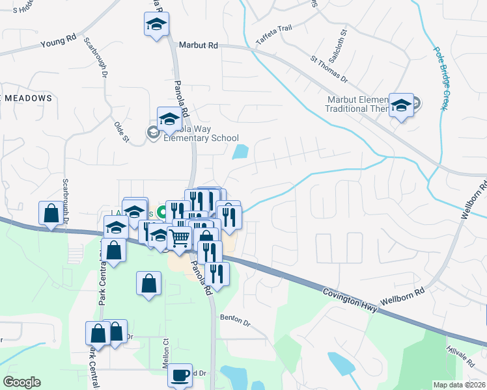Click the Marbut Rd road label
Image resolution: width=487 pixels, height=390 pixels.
[x=198, y=45]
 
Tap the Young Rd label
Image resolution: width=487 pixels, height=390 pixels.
[x=58, y=42]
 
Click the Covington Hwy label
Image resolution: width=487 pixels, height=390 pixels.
[x=351, y=299]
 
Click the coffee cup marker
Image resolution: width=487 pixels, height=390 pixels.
[x=180, y=375]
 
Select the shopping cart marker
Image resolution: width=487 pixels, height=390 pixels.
[x=179, y=237]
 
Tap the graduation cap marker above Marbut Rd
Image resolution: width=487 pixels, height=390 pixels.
[x=156, y=25]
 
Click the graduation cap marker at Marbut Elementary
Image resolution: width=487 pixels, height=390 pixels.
[x=401, y=104]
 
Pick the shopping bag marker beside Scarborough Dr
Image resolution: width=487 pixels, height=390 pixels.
[x=51, y=213]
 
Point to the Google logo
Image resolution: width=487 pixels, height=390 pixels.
[x=21, y=382]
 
